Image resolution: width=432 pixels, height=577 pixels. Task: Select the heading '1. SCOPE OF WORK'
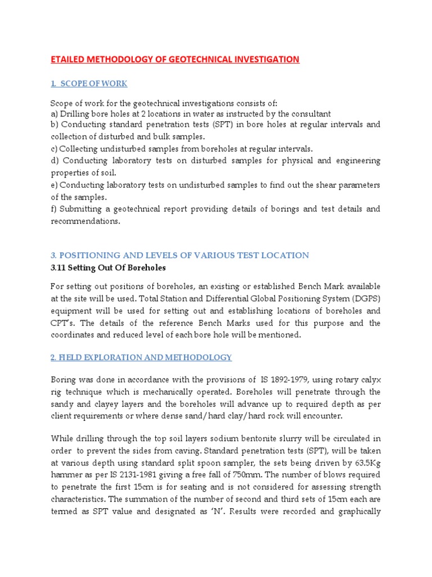click(x=89, y=84)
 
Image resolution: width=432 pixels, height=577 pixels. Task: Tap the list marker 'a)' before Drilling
click(x=55, y=114)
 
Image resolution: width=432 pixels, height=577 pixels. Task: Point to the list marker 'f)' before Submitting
click(x=54, y=209)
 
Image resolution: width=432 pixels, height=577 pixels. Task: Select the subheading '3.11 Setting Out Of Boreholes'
click(x=109, y=268)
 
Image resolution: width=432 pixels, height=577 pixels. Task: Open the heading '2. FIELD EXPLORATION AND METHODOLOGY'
click(x=141, y=358)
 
